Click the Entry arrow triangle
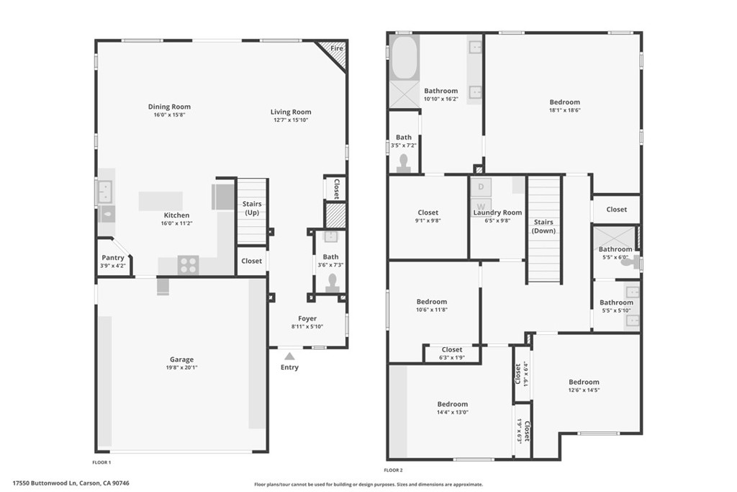[289, 356]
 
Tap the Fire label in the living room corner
[336, 49]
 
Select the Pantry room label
[113, 257]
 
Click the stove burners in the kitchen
[188, 265]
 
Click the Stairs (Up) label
[252, 208]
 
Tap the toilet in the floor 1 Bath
[333, 282]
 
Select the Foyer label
[307, 318]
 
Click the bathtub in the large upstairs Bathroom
[403, 57]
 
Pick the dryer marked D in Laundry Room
[481, 187]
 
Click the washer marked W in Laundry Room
[481, 205]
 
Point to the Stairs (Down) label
[543, 226]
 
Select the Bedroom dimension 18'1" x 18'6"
[564, 111]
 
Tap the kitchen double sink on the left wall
[104, 192]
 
